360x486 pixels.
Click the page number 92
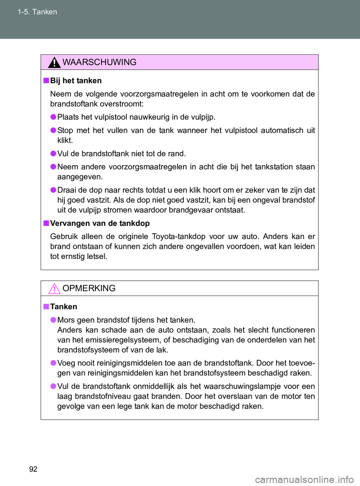(x=33, y=469)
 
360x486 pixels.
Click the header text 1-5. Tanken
(x=37, y=12)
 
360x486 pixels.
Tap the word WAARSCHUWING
(x=99, y=62)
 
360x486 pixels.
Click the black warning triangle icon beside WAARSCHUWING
(x=54, y=63)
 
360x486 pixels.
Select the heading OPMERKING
(x=89, y=288)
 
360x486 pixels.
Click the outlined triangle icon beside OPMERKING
(x=54, y=289)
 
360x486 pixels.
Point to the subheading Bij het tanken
(x=76, y=81)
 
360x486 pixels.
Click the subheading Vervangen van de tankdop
(x=100, y=223)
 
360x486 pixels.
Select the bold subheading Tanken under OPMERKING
(x=64, y=307)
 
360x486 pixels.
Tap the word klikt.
(x=65, y=141)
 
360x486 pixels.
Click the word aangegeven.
(x=79, y=177)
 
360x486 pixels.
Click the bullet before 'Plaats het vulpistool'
(x=53, y=117)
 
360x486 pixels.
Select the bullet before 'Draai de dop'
(x=53, y=190)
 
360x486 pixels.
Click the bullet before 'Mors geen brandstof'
(x=53, y=320)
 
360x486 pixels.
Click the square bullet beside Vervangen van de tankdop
(x=46, y=223)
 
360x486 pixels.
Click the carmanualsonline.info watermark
(x=304, y=480)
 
